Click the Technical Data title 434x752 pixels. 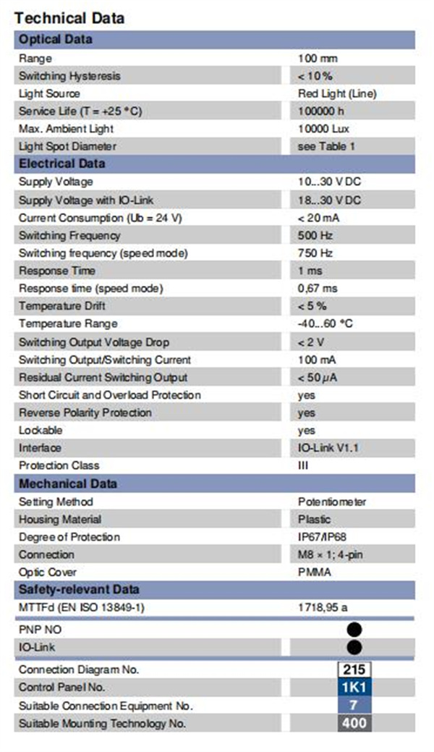[69, 18]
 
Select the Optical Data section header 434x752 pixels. [56, 39]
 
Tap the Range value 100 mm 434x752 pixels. [318, 59]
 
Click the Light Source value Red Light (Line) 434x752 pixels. [337, 93]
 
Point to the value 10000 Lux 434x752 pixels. [323, 129]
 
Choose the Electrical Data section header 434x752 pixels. [62, 164]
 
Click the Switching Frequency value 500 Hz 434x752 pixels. [315, 235]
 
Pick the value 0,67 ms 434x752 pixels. [318, 288]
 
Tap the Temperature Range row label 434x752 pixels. [68, 324]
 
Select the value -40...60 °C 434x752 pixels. [325, 324]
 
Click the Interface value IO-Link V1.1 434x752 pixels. [328, 448]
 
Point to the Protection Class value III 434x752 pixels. [303, 465]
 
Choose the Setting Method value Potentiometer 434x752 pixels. [332, 502]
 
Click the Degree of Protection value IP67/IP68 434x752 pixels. [322, 536]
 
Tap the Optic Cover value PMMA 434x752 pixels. [315, 573]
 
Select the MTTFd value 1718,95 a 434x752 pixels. [323, 608]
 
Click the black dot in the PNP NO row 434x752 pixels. [354, 629]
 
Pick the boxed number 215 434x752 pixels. [354, 669]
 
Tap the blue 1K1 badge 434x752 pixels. [354, 688]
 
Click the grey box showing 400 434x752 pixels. [354, 723]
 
